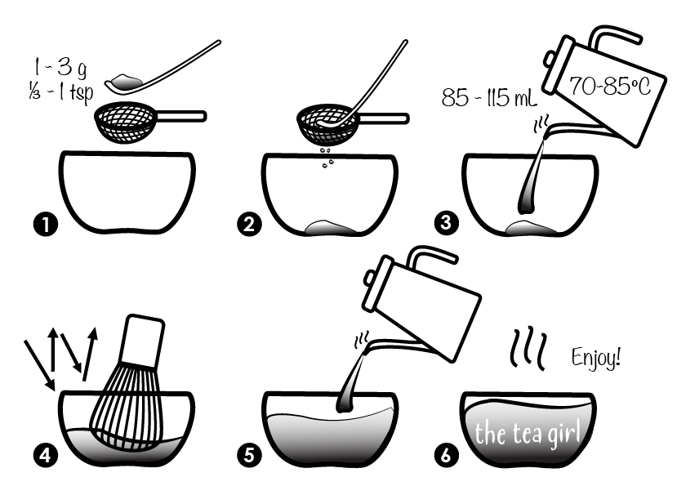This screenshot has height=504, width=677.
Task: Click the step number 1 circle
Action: [x=46, y=225]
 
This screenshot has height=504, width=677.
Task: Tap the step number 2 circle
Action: [x=249, y=224]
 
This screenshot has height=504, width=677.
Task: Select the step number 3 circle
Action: [x=446, y=222]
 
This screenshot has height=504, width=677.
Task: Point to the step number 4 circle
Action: [x=46, y=455]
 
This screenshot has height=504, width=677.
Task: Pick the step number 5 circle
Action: [x=249, y=455]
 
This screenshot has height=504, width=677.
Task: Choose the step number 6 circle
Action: [x=446, y=455]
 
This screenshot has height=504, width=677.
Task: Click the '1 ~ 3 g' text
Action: [x=60, y=69]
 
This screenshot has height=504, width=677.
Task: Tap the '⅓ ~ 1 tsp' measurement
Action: [x=61, y=92]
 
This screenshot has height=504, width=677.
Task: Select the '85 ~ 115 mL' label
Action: [x=488, y=97]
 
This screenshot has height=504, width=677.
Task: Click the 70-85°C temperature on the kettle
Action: [x=610, y=86]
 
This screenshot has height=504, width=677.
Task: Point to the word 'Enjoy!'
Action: [x=596, y=358]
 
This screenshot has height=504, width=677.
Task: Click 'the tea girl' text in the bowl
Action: [x=528, y=433]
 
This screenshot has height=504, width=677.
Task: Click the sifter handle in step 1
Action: [x=180, y=116]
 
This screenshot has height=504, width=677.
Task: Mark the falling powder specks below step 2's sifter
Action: [x=327, y=158]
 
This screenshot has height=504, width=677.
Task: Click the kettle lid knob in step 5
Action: [x=369, y=277]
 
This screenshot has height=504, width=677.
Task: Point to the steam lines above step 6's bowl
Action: [x=528, y=350]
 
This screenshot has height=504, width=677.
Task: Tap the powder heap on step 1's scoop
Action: [x=126, y=80]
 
